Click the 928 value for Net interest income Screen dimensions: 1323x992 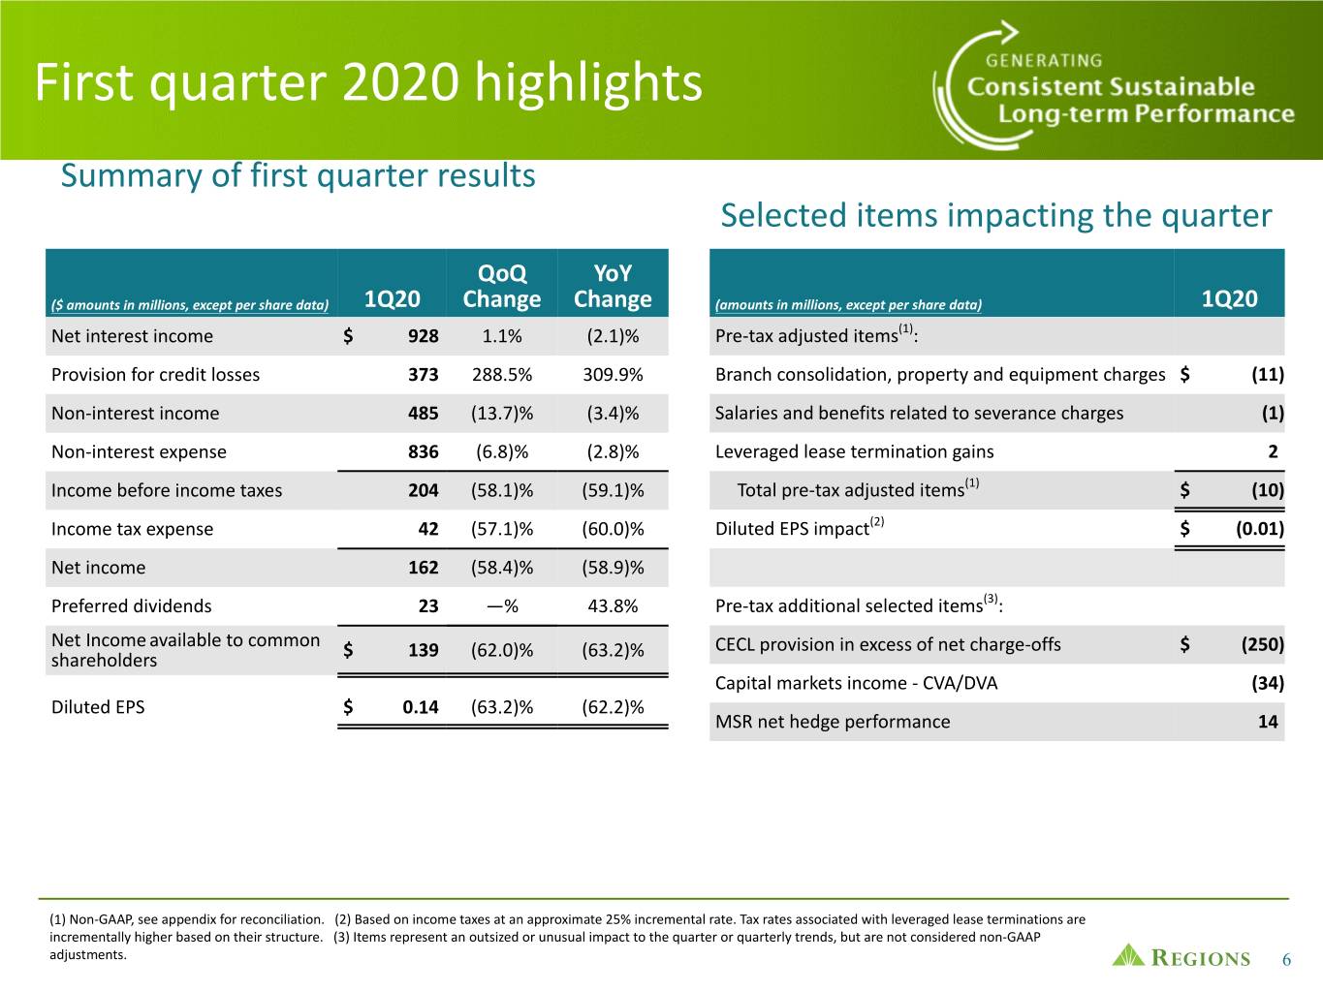click(x=424, y=335)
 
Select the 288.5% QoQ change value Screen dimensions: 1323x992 click(x=502, y=375)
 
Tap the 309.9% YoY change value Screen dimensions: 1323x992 click(x=613, y=375)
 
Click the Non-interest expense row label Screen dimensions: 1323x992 click(x=139, y=451)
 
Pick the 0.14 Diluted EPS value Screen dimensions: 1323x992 click(x=420, y=706)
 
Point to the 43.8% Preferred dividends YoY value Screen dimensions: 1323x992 click(x=613, y=605)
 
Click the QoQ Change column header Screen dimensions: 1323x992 click(x=501, y=286)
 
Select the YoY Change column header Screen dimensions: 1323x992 click(x=613, y=286)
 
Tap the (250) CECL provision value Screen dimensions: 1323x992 click(x=1262, y=644)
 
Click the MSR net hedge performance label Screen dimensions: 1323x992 click(x=833, y=722)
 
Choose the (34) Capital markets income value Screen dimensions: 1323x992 click(x=1268, y=683)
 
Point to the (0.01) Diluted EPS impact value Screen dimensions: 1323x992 click(x=1260, y=529)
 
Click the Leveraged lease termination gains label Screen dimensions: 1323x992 click(x=854, y=451)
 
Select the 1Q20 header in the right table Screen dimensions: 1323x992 click(x=1229, y=298)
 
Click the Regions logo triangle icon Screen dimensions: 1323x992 click(x=1128, y=955)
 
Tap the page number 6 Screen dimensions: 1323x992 click(x=1286, y=959)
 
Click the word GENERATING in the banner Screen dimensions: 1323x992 click(x=1044, y=61)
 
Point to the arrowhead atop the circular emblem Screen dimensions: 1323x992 click(x=1009, y=31)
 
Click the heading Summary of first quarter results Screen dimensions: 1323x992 click(x=298, y=176)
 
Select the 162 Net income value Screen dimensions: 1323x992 click(x=424, y=568)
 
